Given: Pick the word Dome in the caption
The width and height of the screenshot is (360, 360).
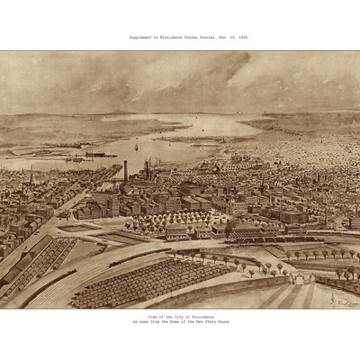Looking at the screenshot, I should click(x=179, y=323).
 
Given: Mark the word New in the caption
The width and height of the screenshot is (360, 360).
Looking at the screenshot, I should click(x=202, y=323).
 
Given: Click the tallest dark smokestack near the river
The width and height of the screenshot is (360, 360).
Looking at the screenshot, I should click(x=125, y=171).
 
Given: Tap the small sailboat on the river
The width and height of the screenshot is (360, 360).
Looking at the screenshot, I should click(x=136, y=146).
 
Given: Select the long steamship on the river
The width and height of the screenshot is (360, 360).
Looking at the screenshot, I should click(x=101, y=155).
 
